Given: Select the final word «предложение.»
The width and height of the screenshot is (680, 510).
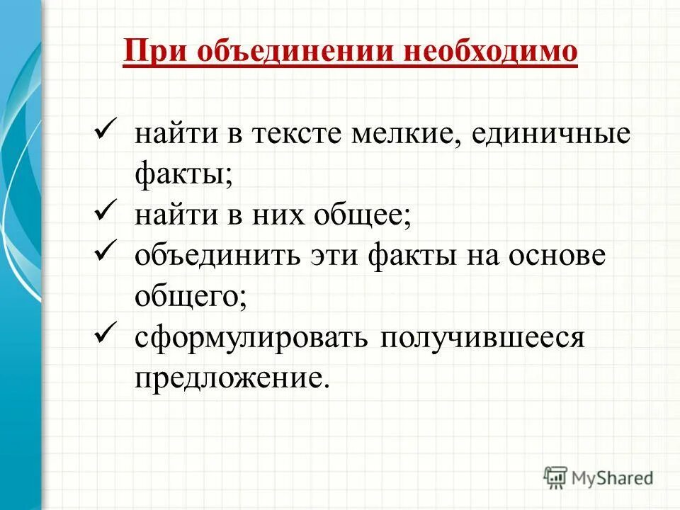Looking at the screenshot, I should [232, 378].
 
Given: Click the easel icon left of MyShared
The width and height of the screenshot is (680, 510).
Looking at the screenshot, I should [555, 477].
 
